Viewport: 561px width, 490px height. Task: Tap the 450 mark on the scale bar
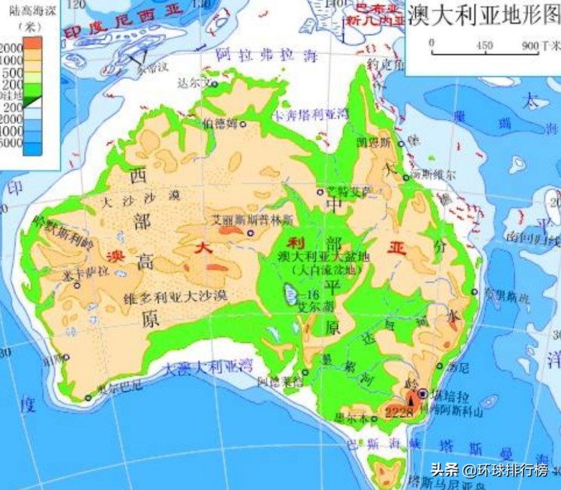click(x=485, y=45)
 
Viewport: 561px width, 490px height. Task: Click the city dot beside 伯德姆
click(x=243, y=123)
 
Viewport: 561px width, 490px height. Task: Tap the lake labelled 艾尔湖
click(x=289, y=294)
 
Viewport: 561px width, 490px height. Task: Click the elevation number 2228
click(x=400, y=411)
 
